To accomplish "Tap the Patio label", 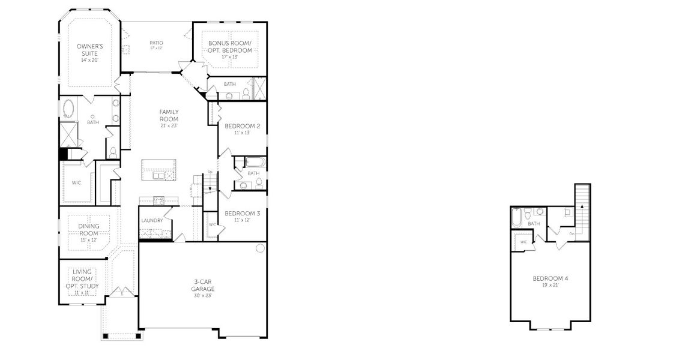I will [156, 43].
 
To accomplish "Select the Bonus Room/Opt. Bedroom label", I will [229, 47].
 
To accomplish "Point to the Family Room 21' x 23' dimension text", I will [169, 125].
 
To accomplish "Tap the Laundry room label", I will [152, 221].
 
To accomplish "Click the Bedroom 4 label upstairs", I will [550, 278].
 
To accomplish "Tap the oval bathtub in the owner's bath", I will [69, 110].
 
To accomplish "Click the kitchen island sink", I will [159, 176].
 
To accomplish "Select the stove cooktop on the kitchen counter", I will [158, 200].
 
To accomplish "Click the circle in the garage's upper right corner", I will [260, 248].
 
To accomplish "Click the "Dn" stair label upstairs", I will [572, 233].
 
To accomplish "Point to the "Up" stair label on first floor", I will [209, 173].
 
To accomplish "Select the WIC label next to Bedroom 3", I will [212, 224].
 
